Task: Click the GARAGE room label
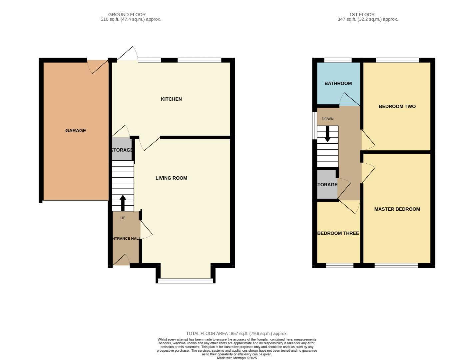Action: click(x=76, y=131)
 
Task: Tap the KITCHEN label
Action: click(x=171, y=99)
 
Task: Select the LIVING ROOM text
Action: click(x=171, y=178)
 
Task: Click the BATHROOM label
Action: click(x=338, y=83)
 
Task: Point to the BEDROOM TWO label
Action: click(x=397, y=106)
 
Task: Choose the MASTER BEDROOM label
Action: click(x=397, y=209)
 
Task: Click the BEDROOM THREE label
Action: click(x=338, y=233)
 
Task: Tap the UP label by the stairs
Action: click(x=123, y=218)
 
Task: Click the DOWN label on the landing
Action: click(x=327, y=119)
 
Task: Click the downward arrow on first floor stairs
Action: click(x=327, y=134)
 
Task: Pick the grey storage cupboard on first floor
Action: click(x=327, y=184)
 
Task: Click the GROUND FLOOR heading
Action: click(x=127, y=15)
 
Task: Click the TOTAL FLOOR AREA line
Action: click(x=237, y=333)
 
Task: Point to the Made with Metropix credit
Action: click(x=237, y=358)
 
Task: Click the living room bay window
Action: click(x=185, y=281)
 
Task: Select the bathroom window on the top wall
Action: click(x=338, y=60)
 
